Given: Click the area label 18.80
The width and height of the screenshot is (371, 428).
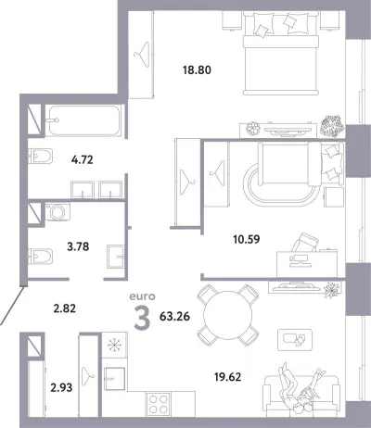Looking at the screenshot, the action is [x=197, y=70].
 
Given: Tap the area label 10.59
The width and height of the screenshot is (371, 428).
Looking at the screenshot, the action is [x=247, y=239].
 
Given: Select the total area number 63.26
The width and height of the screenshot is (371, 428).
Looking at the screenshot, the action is [x=174, y=317].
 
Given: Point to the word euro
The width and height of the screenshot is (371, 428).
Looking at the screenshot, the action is [x=142, y=296].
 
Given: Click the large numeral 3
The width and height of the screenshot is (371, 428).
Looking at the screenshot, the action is [x=142, y=319].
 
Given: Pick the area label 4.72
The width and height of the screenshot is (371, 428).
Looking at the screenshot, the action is [x=82, y=159].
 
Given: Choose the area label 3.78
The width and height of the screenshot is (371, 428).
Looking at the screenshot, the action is [x=78, y=246].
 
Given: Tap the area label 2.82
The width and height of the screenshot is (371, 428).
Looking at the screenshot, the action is [x=65, y=308].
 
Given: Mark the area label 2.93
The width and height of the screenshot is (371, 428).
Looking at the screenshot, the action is [x=61, y=387].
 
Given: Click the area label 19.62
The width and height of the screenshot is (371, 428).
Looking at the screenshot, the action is [x=228, y=377].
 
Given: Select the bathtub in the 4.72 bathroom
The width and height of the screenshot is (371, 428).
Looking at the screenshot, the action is [x=83, y=120].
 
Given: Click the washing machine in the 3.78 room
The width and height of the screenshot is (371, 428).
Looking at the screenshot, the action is [x=58, y=212].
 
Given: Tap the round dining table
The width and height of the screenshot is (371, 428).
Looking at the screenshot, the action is [x=228, y=315].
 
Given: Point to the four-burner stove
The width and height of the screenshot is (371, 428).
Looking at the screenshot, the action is [x=158, y=404].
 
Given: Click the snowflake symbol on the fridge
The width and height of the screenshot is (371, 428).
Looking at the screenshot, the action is [x=115, y=345].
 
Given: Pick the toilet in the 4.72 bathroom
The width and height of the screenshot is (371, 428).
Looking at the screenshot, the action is [x=40, y=157].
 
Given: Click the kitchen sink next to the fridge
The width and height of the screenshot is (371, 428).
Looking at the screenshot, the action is [x=114, y=379].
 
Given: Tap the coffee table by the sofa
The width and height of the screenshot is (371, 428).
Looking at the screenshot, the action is [x=295, y=340].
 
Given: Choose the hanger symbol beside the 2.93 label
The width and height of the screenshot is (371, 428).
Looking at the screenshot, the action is [x=88, y=373].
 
